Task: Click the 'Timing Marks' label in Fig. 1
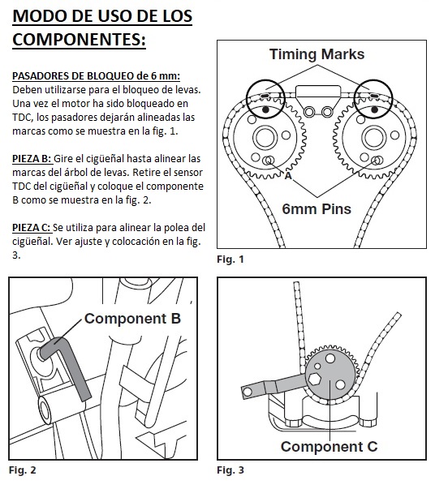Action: click(x=317, y=54)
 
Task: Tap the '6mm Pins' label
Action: click(x=317, y=209)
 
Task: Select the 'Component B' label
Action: click(x=132, y=319)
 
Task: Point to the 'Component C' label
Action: click(x=329, y=447)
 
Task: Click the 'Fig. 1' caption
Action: click(x=230, y=260)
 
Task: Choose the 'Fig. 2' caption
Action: click(x=22, y=470)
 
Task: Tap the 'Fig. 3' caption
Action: click(x=230, y=470)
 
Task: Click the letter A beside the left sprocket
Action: click(x=288, y=176)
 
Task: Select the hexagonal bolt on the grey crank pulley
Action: click(x=314, y=380)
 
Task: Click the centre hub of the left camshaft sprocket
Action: click(x=265, y=138)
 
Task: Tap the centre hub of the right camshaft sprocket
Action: click(x=373, y=138)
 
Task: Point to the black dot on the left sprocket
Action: click(x=266, y=109)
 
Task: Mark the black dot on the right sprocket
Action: click(x=375, y=109)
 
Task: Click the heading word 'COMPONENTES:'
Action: click(x=79, y=40)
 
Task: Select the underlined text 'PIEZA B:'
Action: click(x=32, y=159)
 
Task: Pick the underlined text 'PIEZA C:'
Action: click(x=32, y=228)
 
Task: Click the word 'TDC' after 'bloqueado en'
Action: click(x=23, y=118)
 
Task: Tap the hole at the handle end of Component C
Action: click(x=248, y=392)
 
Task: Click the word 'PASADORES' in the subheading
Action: click(x=39, y=75)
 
